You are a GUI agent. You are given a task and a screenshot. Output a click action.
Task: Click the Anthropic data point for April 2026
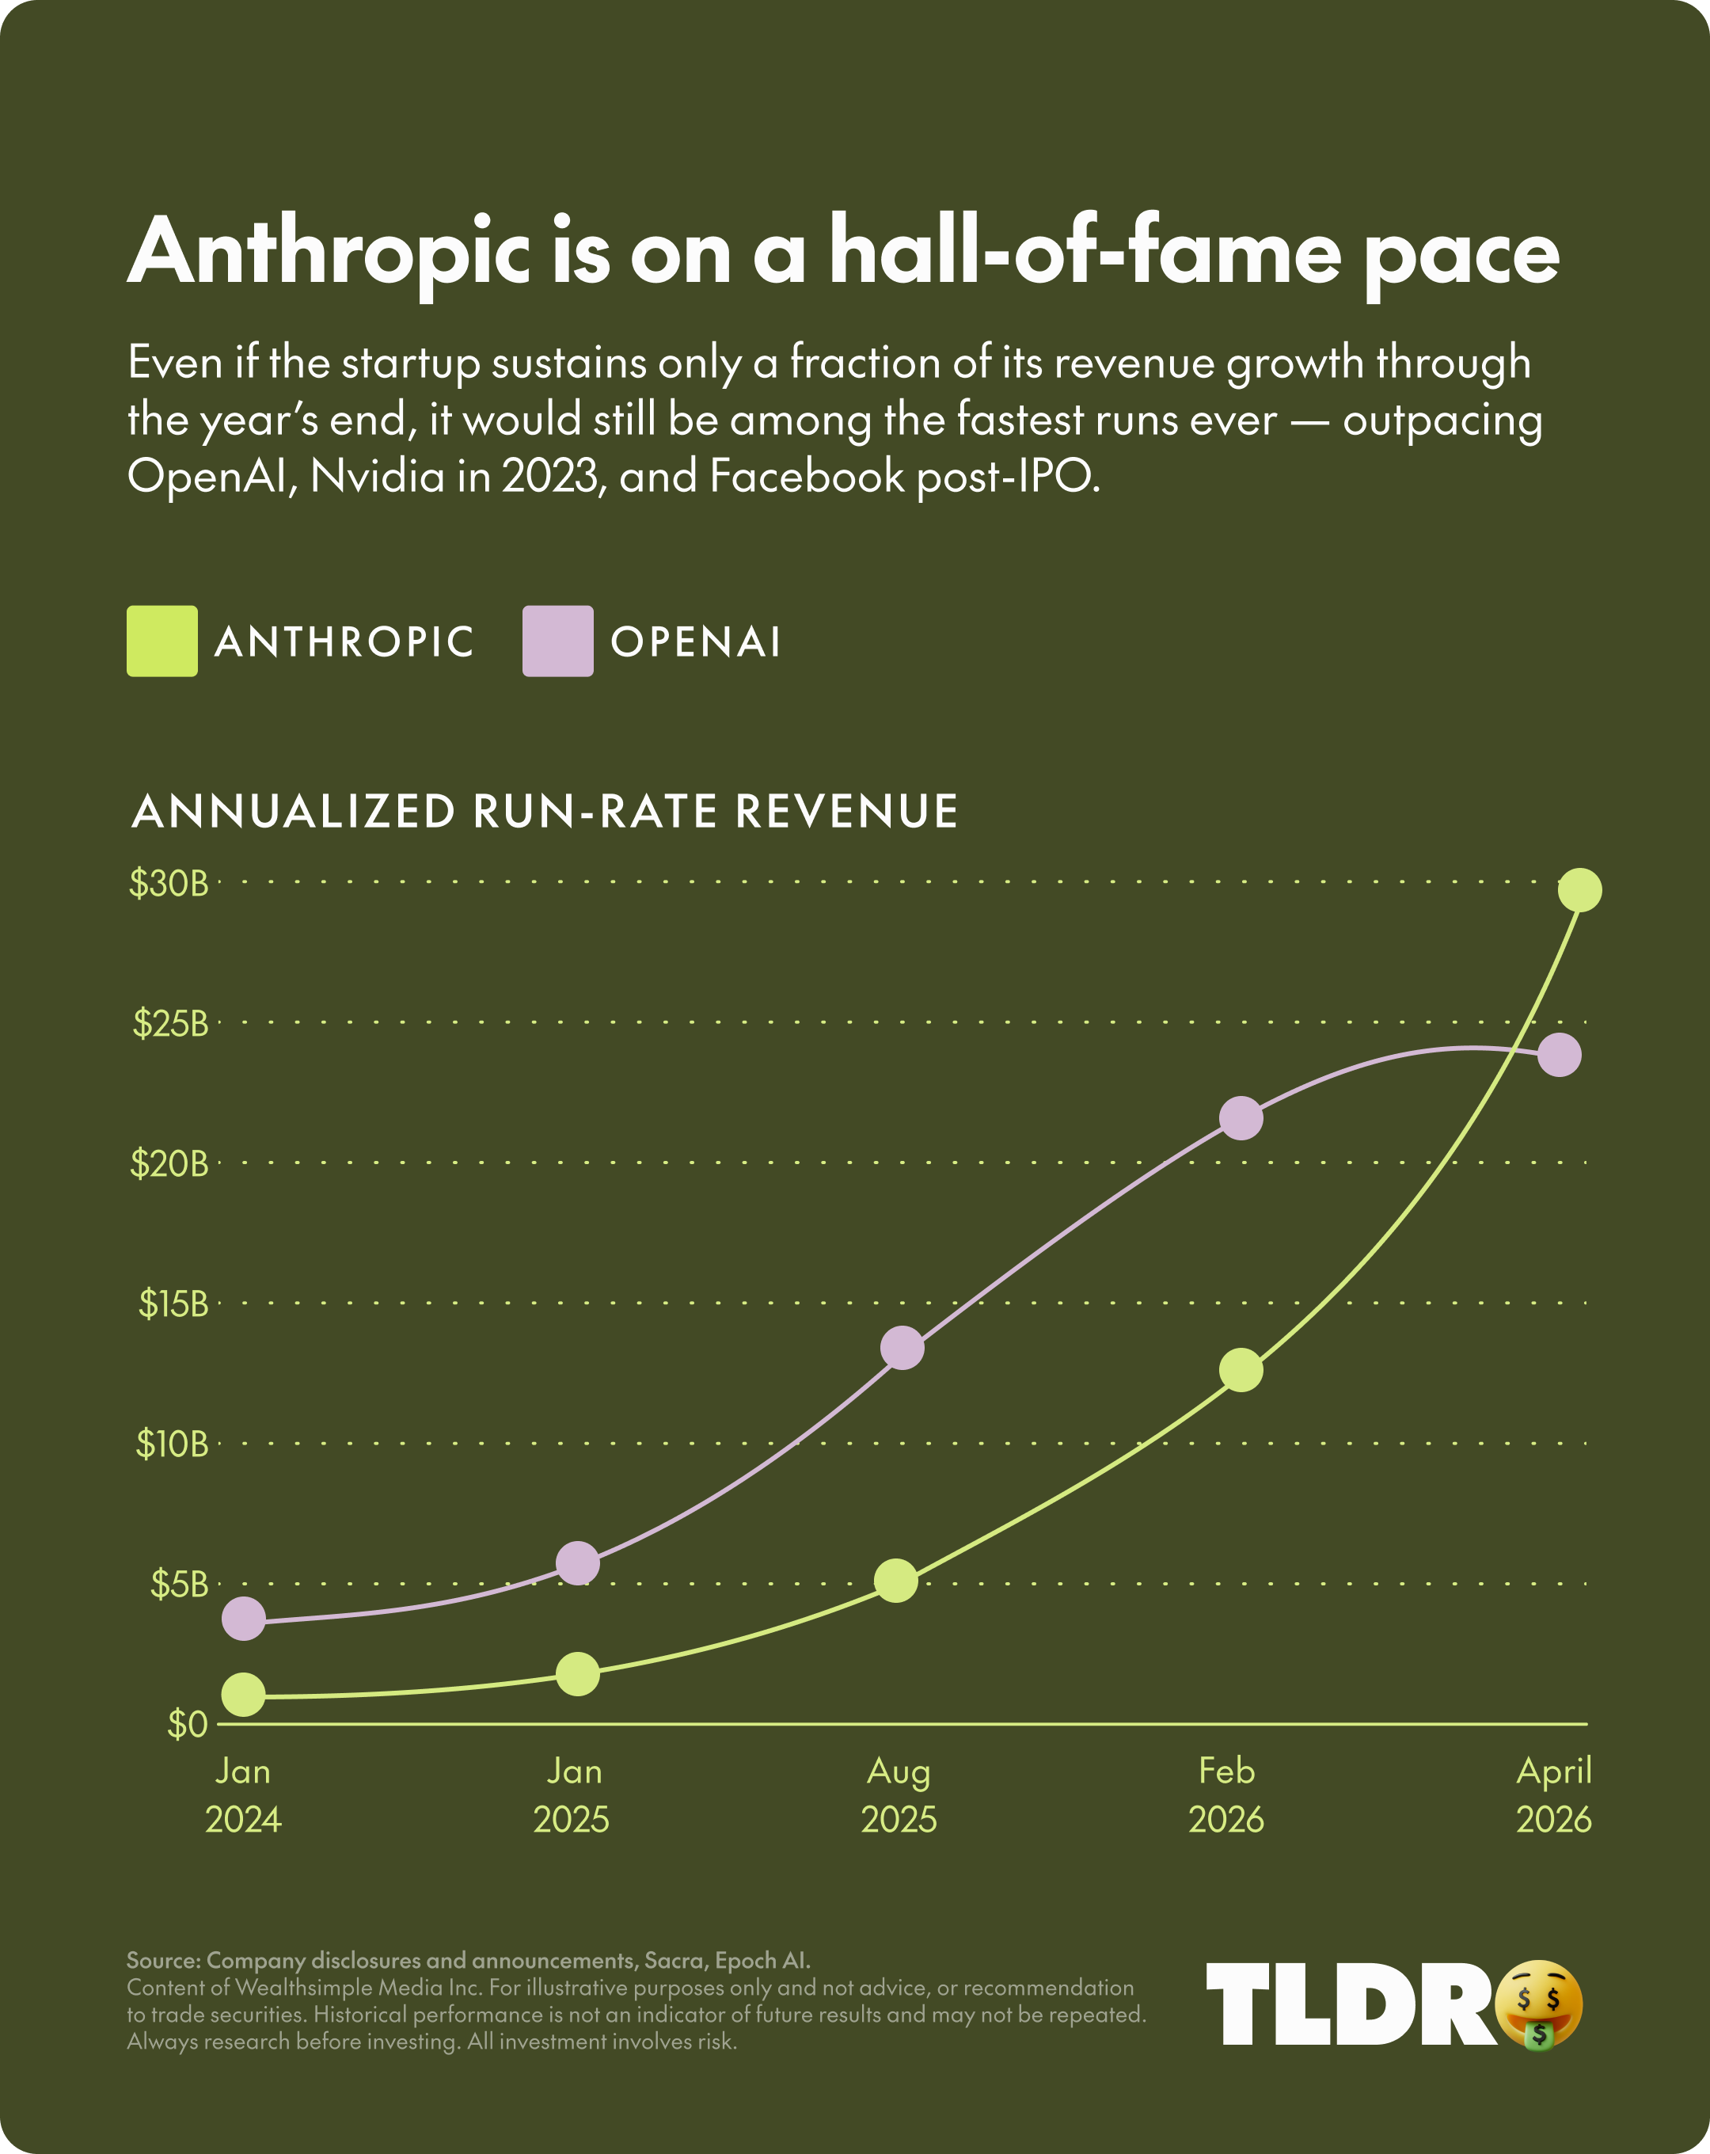[1580, 889]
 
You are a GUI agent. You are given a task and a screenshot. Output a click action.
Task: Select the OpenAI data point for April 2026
[1559, 1055]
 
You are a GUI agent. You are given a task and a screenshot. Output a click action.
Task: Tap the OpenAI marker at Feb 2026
[1241, 1118]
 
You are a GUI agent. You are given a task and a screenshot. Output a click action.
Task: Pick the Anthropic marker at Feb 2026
[1241, 1370]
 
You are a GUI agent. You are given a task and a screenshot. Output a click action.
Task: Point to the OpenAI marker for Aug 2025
[902, 1349]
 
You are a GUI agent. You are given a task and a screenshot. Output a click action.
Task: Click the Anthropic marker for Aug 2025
[896, 1580]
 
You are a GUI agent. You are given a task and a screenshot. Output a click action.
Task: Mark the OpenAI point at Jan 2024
[244, 1618]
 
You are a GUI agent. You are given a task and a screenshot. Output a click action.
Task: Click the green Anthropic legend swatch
[161, 641]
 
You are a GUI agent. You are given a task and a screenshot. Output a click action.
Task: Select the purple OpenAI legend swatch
[557, 641]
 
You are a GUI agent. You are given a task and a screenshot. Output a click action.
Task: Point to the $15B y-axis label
[173, 1303]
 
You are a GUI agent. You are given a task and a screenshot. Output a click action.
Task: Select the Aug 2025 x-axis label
[899, 1795]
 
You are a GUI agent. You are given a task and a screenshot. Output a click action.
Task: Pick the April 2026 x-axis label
[1553, 1795]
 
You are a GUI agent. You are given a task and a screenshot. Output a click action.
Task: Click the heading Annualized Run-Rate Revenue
[545, 811]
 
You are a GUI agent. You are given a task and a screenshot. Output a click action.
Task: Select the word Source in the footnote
[161, 1960]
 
